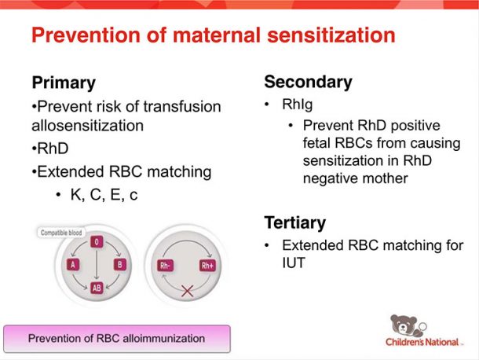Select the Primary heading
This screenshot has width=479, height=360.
coord(64,83)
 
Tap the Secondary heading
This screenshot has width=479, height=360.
coord(309,82)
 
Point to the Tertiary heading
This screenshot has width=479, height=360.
coord(294,222)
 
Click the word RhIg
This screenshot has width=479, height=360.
coord(298,105)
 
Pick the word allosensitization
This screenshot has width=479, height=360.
coord(88,126)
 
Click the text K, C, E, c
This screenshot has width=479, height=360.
coord(104,194)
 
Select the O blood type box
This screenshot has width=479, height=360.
coord(97,242)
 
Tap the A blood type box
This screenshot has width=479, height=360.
coord(73,265)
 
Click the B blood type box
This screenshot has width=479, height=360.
coord(120,265)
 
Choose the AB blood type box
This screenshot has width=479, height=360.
coord(97,288)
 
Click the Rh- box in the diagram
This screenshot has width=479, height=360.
coord(165,265)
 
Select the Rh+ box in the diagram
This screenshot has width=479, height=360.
coord(207,265)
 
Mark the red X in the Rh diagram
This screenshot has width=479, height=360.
coord(187,291)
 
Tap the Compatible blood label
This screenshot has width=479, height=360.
coord(61,233)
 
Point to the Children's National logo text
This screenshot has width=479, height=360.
coord(422,342)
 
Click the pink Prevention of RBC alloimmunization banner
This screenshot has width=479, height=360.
coord(117,339)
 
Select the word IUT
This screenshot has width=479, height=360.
coord(294,263)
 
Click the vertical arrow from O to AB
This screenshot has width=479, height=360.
coord(97,265)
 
